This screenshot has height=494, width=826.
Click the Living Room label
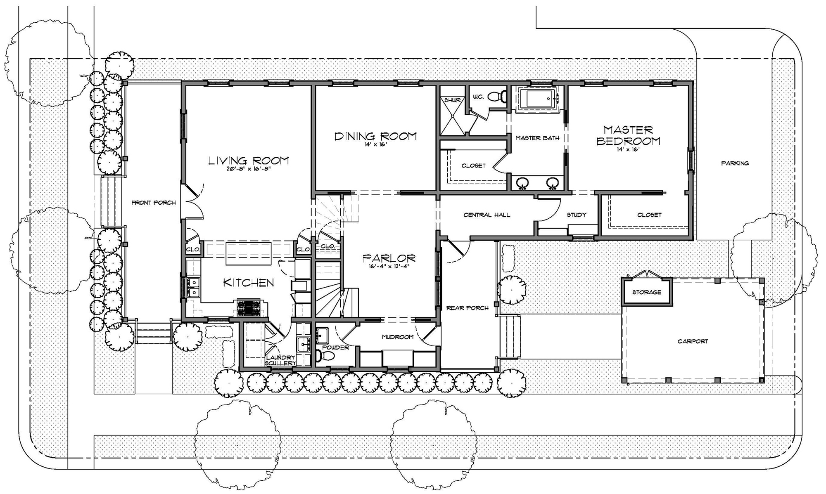[248, 161]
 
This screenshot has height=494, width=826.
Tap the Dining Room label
[375, 136]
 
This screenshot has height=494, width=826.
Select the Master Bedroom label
[628, 135]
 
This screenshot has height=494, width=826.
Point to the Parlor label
[389, 258]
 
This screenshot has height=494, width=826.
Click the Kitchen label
[248, 283]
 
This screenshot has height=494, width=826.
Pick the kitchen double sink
[192, 287]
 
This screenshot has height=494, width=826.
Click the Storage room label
[646, 292]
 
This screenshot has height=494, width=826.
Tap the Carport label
[693, 341]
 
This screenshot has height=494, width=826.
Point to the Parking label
[735, 163]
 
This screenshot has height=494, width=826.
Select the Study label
[576, 215]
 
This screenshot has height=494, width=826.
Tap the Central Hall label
[487, 215]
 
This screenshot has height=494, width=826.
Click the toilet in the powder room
[321, 356]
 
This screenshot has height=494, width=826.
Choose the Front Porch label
[153, 203]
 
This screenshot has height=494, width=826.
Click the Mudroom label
[397, 337]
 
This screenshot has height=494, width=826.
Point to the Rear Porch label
[467, 308]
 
